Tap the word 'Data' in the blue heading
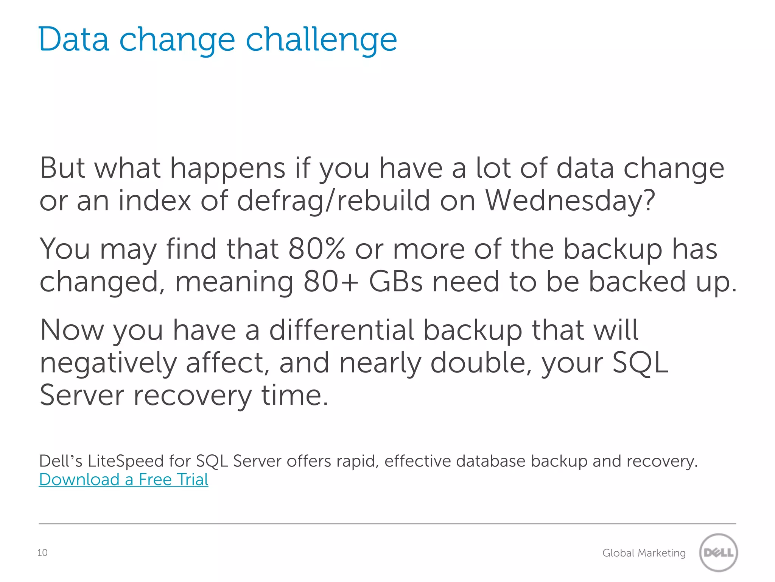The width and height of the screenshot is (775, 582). (74, 39)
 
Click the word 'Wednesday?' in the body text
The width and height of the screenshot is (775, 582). (570, 201)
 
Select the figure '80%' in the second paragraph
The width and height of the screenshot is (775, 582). (316, 249)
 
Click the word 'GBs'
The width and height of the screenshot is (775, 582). (395, 282)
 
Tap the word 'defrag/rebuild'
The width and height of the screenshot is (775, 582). (333, 201)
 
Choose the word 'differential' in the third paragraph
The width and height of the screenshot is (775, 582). (341, 330)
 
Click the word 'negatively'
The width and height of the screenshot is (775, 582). (108, 363)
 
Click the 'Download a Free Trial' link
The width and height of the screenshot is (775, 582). (123, 480)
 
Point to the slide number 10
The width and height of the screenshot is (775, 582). (42, 553)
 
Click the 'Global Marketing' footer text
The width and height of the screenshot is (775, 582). (644, 553)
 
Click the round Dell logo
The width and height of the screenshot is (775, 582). (718, 552)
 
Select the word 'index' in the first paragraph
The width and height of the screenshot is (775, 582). (154, 201)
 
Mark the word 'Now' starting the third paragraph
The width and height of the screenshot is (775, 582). (72, 330)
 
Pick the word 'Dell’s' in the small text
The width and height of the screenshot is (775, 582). (61, 461)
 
